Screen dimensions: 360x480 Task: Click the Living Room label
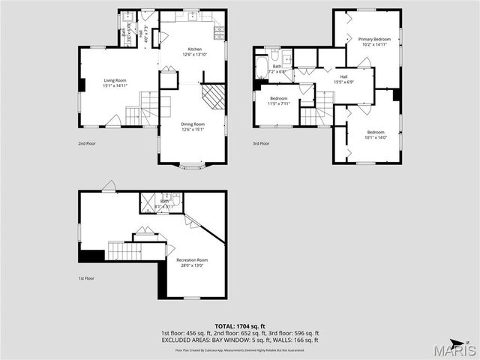115,82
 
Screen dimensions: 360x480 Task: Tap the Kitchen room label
194,52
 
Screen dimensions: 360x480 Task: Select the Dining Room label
193,127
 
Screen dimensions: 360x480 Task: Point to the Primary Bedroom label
374,41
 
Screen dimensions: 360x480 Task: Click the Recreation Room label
192,262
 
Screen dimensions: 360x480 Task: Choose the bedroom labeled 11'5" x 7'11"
279,100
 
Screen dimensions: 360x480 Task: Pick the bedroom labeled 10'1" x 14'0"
375,134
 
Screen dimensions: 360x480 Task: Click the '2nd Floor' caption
86,143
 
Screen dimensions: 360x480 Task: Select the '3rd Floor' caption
260,143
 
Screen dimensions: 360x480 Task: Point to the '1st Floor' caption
86,278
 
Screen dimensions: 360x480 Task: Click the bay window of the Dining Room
193,166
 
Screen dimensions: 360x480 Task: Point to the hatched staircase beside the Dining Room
215,96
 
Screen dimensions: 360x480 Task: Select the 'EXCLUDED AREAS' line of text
239,340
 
